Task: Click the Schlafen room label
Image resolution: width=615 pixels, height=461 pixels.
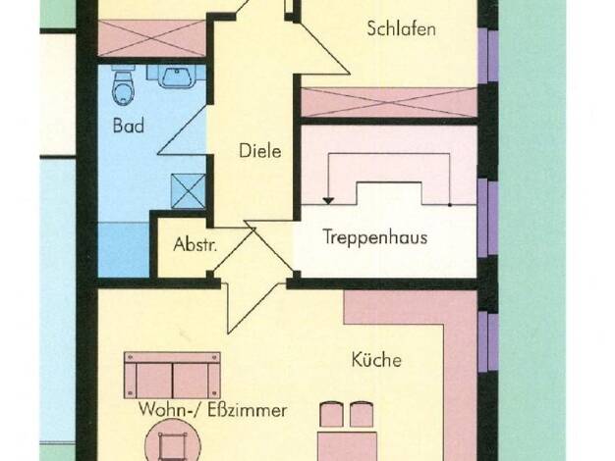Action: [401, 29]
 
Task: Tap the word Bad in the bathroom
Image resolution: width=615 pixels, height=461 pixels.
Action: [129, 126]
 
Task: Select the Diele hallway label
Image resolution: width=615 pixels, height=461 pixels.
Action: [260, 151]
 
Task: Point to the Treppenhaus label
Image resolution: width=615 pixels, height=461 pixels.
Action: [375, 237]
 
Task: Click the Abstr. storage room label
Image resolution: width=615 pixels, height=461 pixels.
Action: [195, 244]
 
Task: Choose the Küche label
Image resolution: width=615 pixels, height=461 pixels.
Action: [376, 360]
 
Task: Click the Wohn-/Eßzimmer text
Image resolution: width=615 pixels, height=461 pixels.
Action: [212, 410]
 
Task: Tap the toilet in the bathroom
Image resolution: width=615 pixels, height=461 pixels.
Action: [123, 87]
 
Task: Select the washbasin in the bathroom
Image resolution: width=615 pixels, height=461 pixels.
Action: [177, 77]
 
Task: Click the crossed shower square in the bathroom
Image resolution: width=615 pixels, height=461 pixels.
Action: [189, 191]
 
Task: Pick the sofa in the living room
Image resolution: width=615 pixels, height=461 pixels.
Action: [172, 376]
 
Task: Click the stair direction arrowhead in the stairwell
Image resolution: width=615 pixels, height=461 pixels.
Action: [328, 201]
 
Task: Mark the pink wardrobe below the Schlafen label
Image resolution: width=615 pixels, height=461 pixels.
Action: [389, 102]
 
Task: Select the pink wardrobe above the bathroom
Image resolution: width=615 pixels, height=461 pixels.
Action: [152, 38]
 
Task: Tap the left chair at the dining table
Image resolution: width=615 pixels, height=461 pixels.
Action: [331, 414]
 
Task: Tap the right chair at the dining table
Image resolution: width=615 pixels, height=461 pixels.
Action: [362, 414]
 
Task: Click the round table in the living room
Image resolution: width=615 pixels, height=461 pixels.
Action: [173, 439]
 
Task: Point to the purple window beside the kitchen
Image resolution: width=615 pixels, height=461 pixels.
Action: [488, 340]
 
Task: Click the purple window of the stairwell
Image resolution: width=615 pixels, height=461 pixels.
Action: [488, 218]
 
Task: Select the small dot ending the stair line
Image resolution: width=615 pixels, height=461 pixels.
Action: [450, 205]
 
